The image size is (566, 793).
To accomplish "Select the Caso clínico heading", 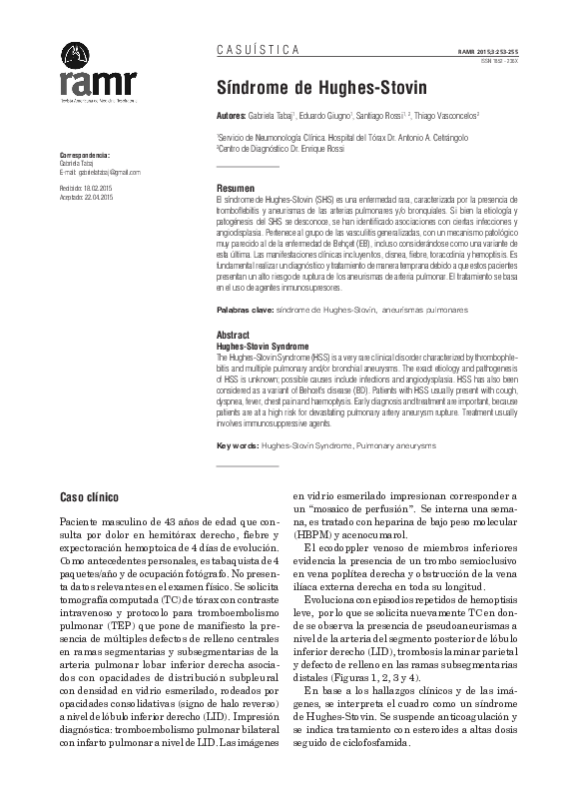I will click(x=90, y=495).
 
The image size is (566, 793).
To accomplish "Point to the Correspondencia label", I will click(x=85, y=156).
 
